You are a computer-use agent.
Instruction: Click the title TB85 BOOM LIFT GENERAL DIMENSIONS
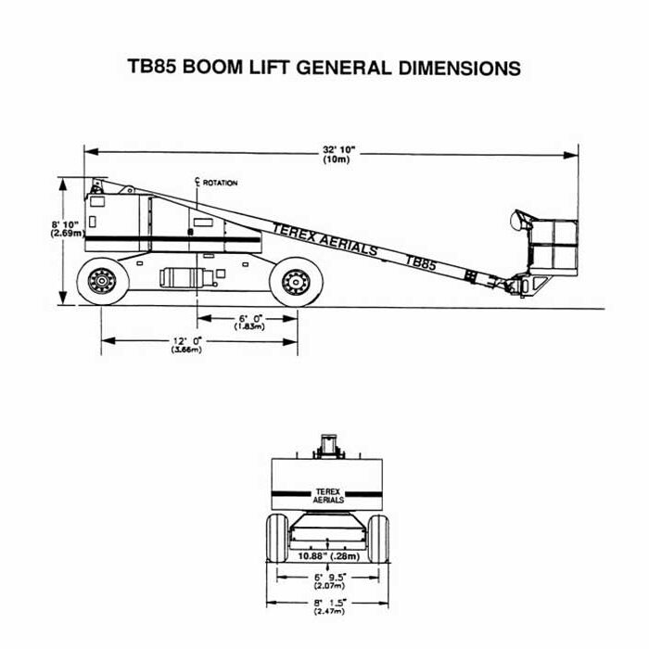(324, 69)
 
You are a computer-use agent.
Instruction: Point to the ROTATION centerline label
(220, 183)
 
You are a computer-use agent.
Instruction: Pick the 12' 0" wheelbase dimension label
(187, 340)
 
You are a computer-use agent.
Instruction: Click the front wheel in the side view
(295, 281)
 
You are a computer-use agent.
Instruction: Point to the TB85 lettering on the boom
(420, 262)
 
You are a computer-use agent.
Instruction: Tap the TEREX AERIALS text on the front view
(329, 494)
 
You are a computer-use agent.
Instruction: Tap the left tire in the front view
(277, 538)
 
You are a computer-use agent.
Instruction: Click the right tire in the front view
(378, 538)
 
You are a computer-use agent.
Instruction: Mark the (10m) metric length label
(336, 160)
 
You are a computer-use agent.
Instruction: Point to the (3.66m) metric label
(187, 350)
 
